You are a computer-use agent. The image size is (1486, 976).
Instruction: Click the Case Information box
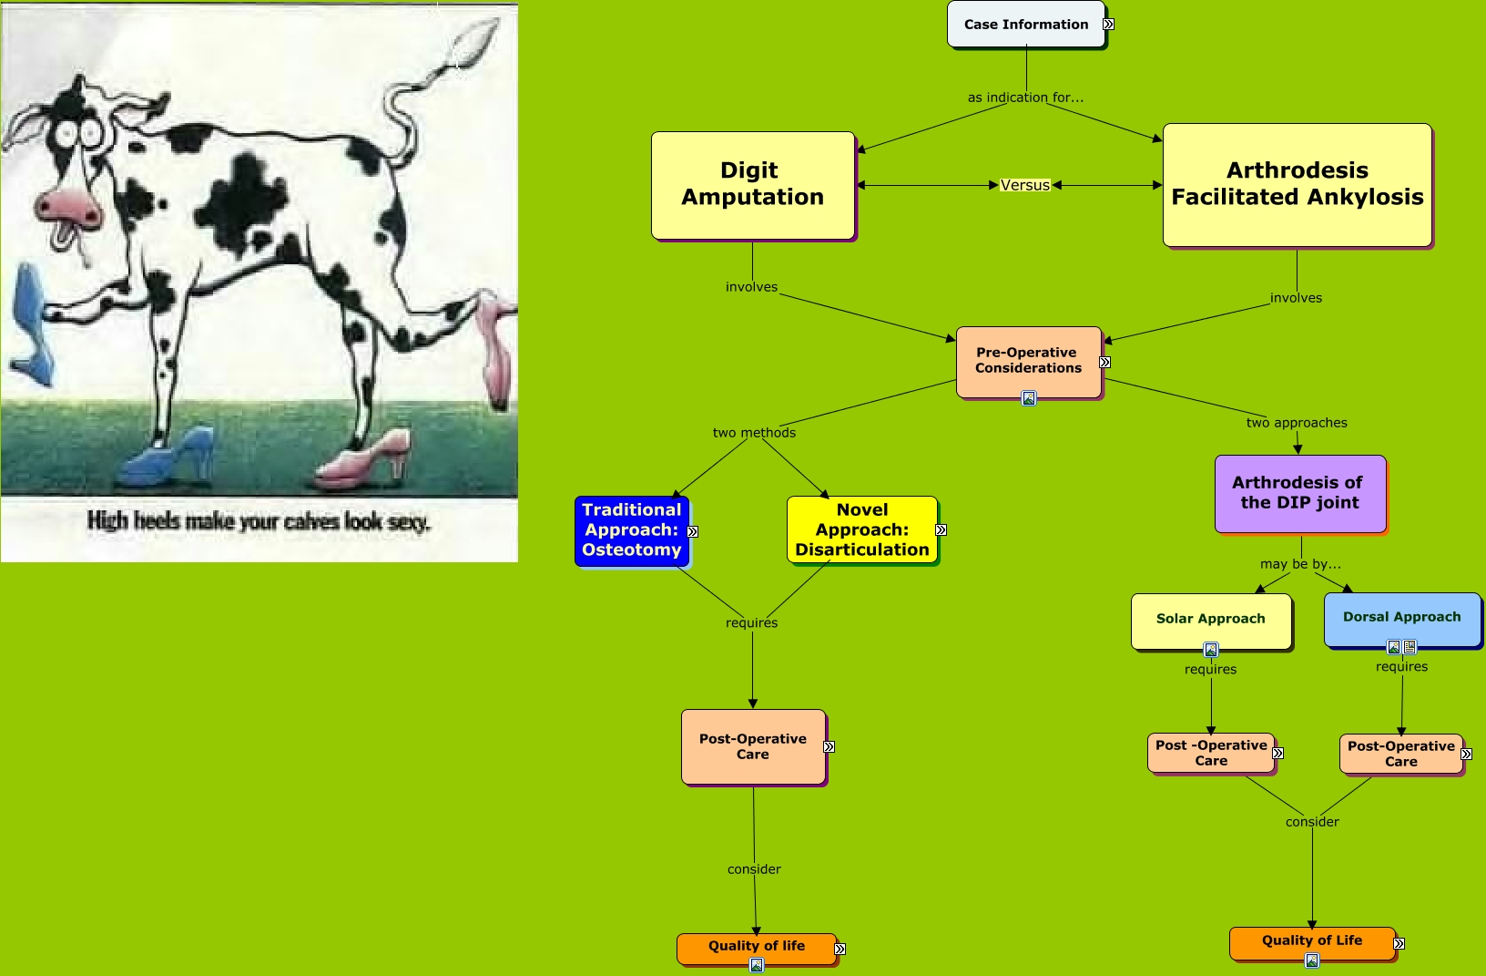tap(1026, 24)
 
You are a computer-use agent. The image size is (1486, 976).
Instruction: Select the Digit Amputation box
tap(753, 185)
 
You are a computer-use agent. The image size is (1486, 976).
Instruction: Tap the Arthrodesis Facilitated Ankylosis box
tap(1298, 185)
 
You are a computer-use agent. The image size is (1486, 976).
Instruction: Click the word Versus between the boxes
tap(1025, 185)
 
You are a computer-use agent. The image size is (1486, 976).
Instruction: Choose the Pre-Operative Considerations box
tap(1029, 362)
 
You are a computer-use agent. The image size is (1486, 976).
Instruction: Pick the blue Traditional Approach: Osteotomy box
tap(632, 530)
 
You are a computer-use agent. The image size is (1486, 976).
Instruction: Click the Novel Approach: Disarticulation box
tap(862, 529)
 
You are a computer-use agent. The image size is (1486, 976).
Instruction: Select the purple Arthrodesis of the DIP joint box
tap(1300, 493)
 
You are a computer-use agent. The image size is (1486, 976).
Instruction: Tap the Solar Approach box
tap(1211, 621)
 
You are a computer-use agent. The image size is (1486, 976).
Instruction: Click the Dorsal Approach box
tap(1402, 619)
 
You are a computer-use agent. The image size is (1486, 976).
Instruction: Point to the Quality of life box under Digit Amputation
tap(757, 948)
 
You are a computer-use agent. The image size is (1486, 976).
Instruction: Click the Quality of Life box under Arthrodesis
tap(1313, 943)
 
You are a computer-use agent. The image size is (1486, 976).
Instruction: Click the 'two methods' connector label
tap(754, 433)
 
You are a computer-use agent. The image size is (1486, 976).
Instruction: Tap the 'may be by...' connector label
tap(1300, 564)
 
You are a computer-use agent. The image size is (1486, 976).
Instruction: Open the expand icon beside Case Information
tap(1108, 25)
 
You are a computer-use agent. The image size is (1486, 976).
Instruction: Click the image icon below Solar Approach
tap(1211, 650)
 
